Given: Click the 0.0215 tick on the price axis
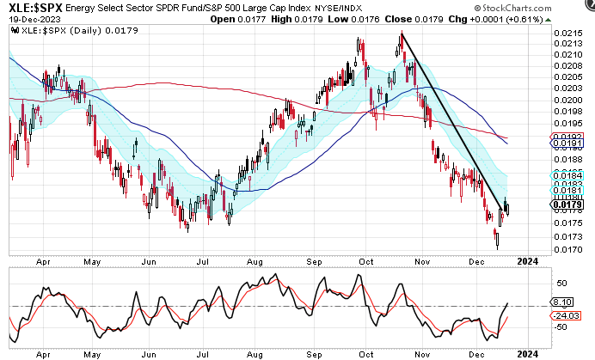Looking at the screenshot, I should coord(565,33).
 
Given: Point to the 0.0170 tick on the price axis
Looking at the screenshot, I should coord(565,250).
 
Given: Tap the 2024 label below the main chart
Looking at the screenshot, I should coord(530,261).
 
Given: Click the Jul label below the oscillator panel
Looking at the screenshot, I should coord(203,352).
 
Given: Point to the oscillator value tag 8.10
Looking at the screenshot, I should coord(563,302).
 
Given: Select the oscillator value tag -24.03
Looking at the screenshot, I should coord(565,315).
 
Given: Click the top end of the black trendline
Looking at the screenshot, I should coord(402,34).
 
